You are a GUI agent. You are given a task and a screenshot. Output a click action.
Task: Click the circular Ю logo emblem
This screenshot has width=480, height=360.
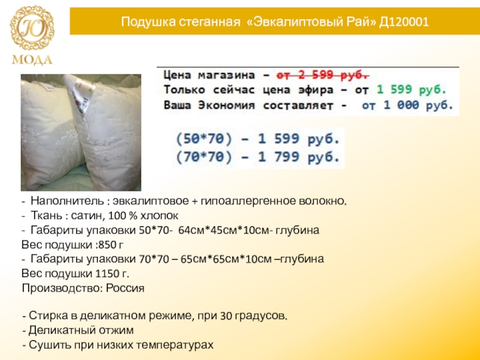(32, 28)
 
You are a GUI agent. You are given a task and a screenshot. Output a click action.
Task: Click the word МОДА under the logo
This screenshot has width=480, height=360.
(32, 59)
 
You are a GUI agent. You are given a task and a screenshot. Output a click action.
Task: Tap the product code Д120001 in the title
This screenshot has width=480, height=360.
(404, 22)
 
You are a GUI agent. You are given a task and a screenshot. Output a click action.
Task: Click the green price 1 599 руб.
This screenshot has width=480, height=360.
(411, 89)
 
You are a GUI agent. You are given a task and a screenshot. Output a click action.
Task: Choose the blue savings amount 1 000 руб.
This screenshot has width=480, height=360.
(418, 106)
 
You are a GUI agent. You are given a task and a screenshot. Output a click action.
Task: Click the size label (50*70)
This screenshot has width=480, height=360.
(204, 139)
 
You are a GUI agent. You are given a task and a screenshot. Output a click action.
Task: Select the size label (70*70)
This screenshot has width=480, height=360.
(204, 157)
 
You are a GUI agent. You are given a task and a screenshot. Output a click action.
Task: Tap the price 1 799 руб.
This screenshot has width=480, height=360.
(299, 157)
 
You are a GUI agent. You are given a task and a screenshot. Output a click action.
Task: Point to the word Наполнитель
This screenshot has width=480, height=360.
(67, 201)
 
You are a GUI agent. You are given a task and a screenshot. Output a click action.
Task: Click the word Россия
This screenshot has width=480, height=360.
(125, 288)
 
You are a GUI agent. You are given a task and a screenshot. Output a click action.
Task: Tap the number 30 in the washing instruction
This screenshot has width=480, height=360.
(226, 316)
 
